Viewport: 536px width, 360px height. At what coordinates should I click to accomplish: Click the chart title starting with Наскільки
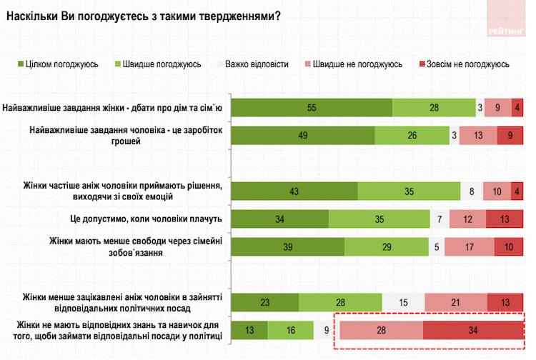coord(141,16)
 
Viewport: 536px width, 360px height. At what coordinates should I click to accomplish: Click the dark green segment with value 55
coord(312,107)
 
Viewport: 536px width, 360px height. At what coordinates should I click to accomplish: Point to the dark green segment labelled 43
coord(294,191)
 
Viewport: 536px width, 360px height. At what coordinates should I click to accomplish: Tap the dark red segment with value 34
coord(472,330)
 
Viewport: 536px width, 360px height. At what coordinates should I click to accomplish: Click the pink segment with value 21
coord(456,302)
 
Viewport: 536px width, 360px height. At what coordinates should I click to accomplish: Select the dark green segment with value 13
coord(249,330)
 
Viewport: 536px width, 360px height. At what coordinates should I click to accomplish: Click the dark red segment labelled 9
coord(510,136)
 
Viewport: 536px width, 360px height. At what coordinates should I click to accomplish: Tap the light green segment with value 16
coord(290,330)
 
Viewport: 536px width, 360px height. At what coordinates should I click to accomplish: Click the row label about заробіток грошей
coord(126,136)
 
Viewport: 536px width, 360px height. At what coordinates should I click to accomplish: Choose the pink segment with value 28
coord(380,330)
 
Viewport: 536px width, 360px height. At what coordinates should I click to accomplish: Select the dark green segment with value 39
coord(288,246)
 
